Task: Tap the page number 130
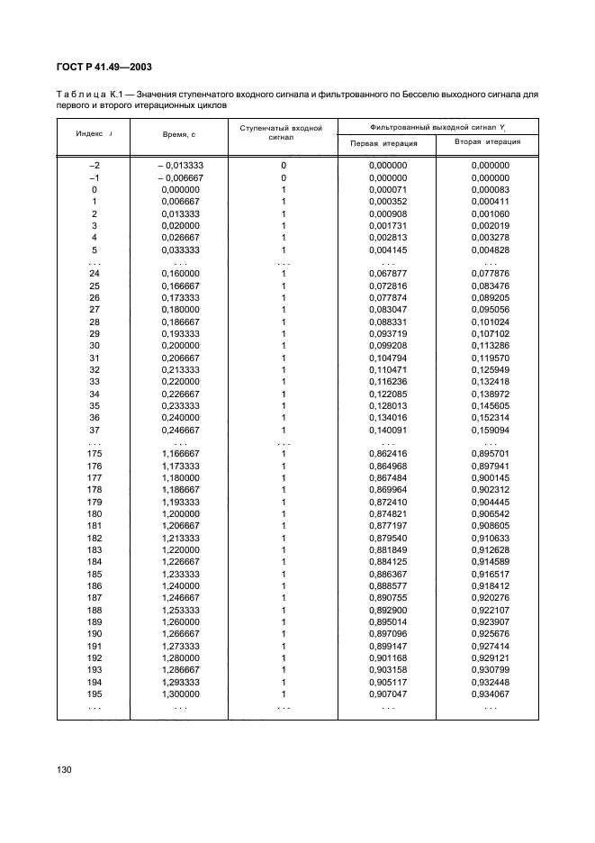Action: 64,770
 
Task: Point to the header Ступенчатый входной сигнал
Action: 282,133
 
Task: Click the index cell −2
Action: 94,166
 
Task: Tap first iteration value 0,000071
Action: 389,190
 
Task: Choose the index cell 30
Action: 95,345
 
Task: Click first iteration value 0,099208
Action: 389,345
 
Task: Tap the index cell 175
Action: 95,454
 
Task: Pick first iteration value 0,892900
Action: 389,609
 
